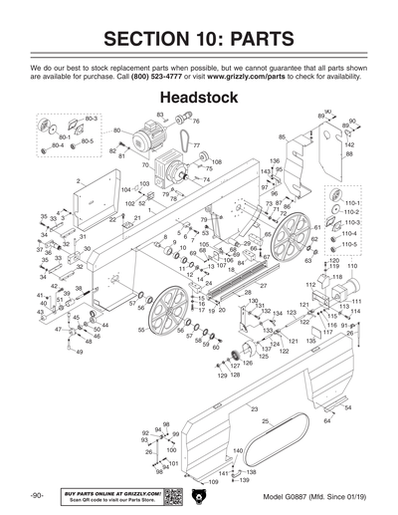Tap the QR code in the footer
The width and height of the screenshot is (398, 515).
tap(172, 495)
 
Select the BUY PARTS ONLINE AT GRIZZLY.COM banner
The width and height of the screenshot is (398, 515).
tap(111, 495)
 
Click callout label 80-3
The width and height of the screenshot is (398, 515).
tap(92, 119)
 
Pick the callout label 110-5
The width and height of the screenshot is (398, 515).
tap(350, 243)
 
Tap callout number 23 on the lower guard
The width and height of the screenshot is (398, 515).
tap(255, 409)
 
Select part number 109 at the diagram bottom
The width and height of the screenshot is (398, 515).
tap(210, 482)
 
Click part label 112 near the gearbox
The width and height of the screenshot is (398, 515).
tap(310, 284)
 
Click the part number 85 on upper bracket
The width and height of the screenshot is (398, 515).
tap(283, 137)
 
